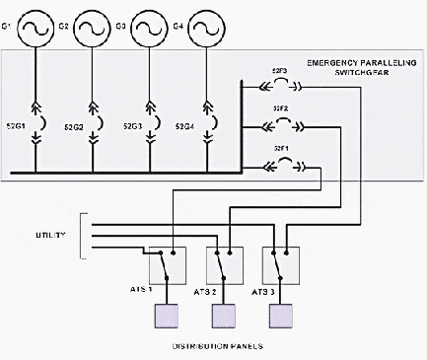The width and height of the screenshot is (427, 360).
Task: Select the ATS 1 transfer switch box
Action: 168,263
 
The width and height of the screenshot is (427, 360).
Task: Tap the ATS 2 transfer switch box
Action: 224,263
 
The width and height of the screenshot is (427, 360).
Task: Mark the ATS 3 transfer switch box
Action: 280,263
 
